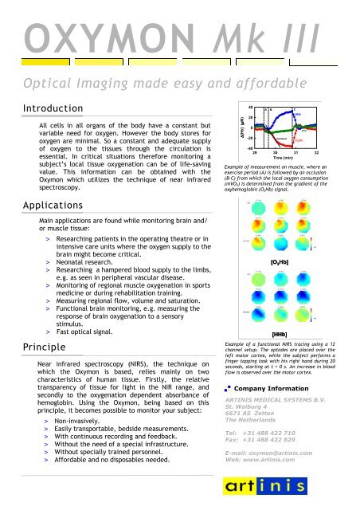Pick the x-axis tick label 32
[x=316, y=151]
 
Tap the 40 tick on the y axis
[x=230, y=107]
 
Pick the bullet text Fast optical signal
[x=99, y=332]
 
